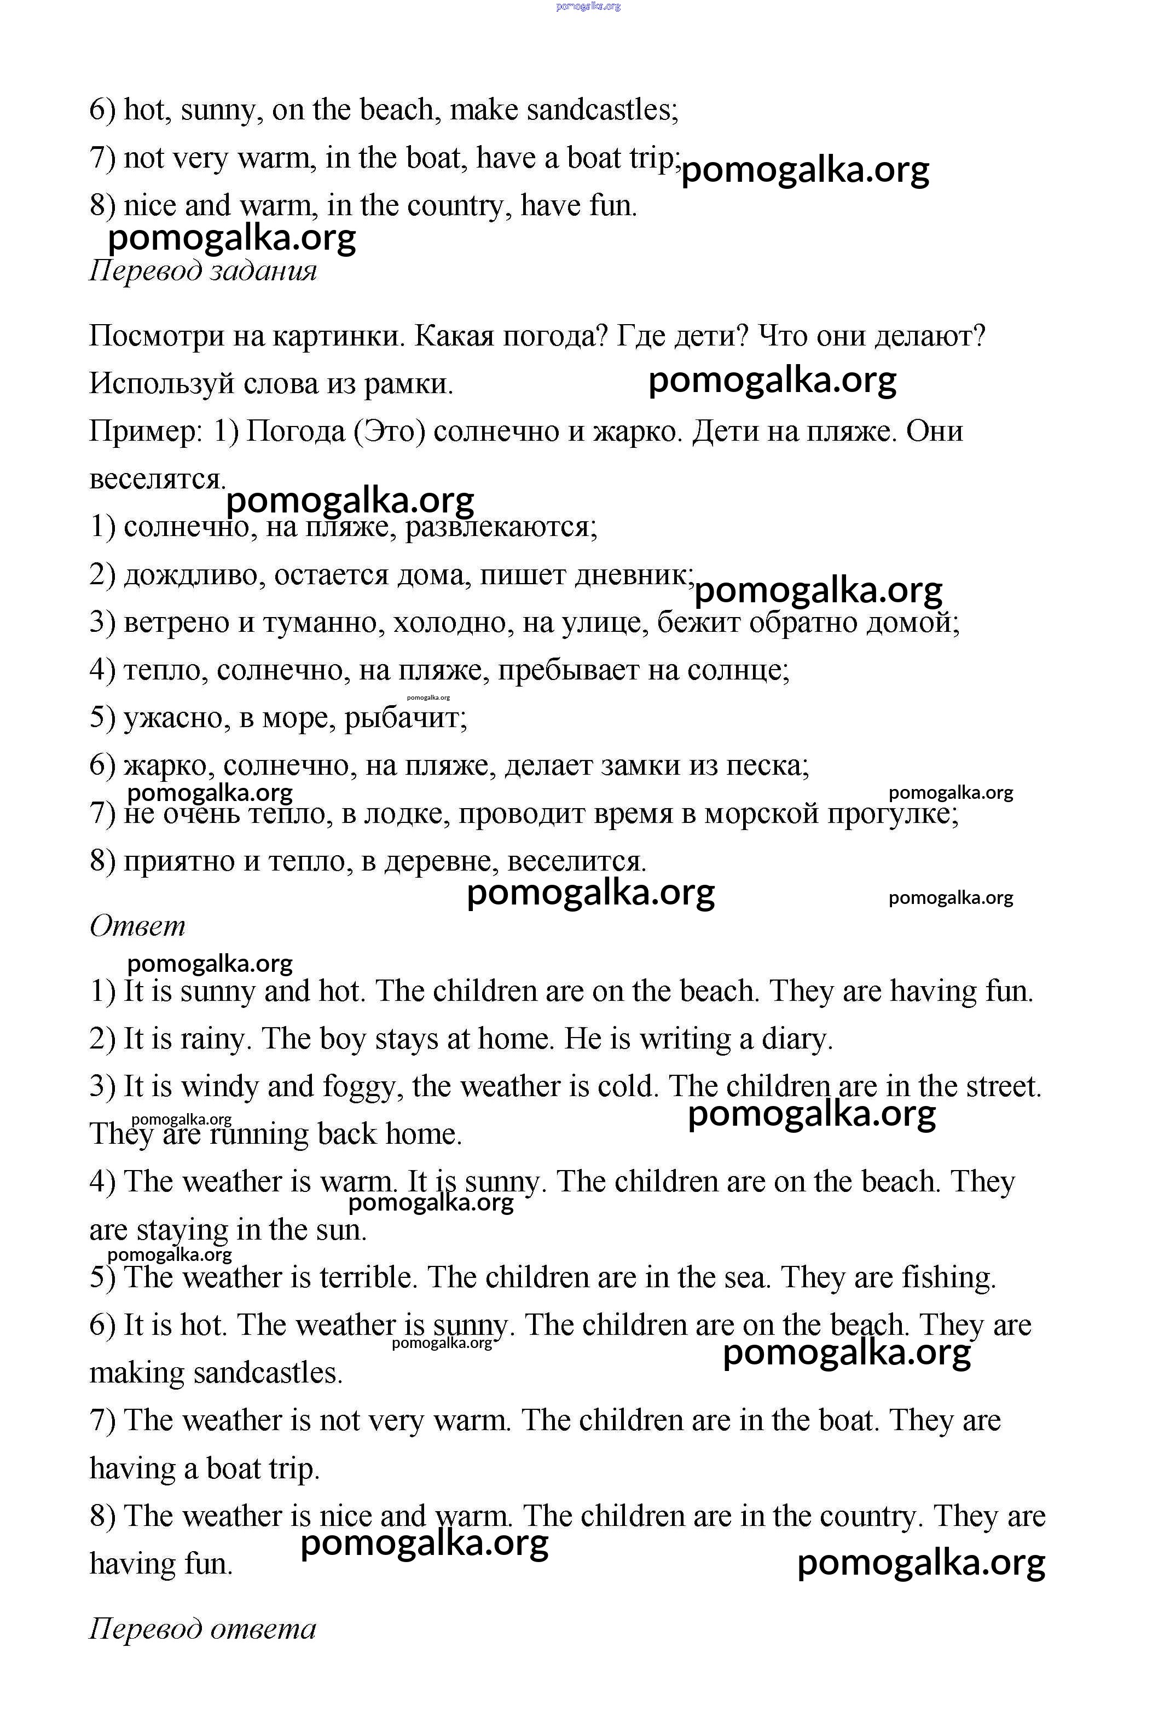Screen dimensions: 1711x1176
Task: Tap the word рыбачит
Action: (x=405, y=717)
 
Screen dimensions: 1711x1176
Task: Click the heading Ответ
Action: (x=138, y=926)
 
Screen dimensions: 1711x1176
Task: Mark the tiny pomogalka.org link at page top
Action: (x=588, y=7)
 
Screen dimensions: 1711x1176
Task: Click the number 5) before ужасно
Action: (x=102, y=717)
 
